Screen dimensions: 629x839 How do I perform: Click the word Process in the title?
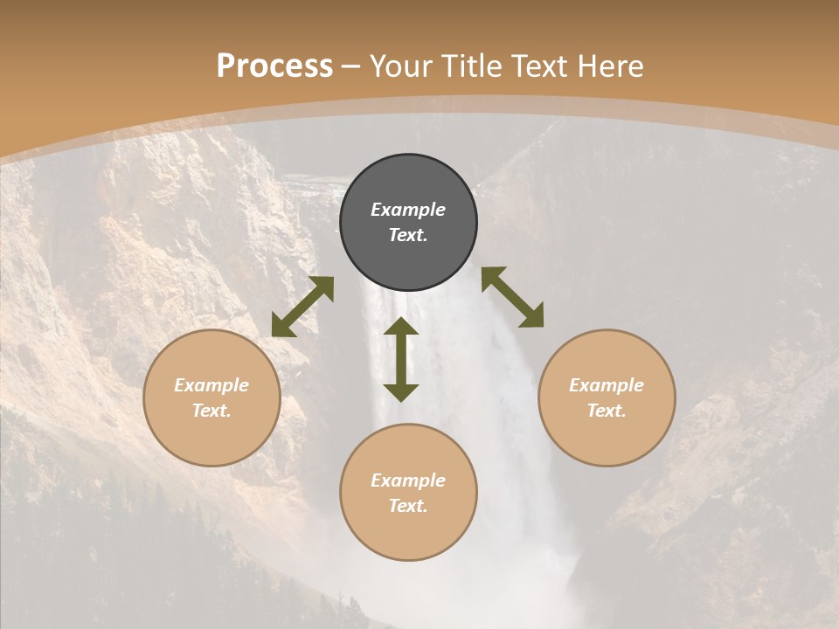coord(274,66)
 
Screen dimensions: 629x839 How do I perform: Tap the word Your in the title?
coord(404,66)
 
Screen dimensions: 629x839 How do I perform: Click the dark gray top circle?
coord(408,223)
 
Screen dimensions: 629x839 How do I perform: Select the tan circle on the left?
coord(211,398)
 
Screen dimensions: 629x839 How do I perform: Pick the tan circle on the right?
coord(607,398)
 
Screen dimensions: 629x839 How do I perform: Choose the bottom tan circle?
coord(408,493)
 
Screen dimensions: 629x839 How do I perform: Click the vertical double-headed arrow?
coord(401,359)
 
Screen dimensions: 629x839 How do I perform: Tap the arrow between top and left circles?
coord(302,307)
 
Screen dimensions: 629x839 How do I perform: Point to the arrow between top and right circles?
coord(512,297)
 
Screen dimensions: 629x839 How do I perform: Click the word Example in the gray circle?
coord(408,210)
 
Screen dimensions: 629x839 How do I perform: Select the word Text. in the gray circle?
coord(408,235)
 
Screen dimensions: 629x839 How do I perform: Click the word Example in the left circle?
coord(211,385)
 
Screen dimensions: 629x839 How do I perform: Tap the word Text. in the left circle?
coord(211,411)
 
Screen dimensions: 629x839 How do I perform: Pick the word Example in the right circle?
coord(607,385)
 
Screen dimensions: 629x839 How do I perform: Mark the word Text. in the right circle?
coord(607,411)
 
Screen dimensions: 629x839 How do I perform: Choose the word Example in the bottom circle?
coord(408,480)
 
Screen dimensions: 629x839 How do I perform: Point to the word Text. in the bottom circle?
coord(408,506)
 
